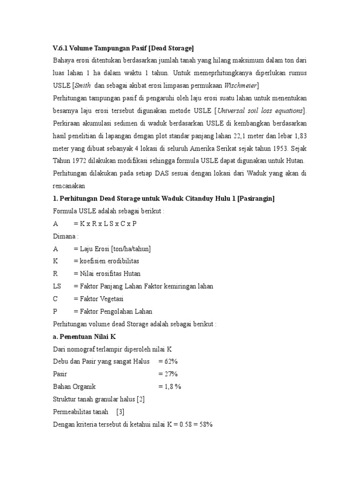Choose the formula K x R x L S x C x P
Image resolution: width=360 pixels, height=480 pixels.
(x=108, y=224)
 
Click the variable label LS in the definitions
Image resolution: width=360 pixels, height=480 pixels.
(x=57, y=286)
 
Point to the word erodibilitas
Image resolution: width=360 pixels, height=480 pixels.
(x=121, y=261)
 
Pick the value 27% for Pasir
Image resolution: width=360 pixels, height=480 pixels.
(x=171, y=374)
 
